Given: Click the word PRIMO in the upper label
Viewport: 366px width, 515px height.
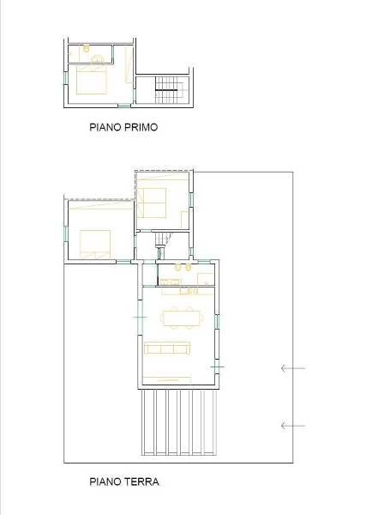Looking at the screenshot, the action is [141, 127].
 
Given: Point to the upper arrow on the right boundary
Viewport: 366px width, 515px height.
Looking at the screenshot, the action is [293, 368].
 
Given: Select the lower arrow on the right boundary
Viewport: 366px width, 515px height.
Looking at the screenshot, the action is [293, 426].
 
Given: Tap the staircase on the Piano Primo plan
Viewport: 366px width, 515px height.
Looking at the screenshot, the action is [167, 89].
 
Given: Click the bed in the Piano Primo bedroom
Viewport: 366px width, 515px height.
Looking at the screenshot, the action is [92, 79].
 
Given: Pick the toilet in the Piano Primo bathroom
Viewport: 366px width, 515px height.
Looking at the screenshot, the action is [87, 48].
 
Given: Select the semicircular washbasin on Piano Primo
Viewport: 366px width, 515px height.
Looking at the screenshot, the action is [98, 58].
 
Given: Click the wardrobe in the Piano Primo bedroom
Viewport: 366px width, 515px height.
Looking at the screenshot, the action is [129, 64].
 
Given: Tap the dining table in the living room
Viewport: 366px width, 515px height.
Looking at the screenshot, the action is [182, 318].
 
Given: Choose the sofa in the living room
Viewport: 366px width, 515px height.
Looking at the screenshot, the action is [167, 348].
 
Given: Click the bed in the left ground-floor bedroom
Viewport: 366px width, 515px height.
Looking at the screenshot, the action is [95, 245].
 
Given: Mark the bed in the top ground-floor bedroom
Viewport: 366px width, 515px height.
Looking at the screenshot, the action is [152, 203].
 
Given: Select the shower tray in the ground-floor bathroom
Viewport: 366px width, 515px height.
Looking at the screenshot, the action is [206, 279].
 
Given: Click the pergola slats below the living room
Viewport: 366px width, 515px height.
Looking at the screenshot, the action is [179, 422].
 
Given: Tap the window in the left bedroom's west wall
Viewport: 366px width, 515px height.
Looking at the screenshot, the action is [66, 233].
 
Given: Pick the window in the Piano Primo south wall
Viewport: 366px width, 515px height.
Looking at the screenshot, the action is [124, 106].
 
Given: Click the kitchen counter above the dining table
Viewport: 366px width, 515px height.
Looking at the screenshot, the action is [188, 291].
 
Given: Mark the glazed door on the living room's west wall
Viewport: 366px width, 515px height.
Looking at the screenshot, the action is [140, 318].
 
